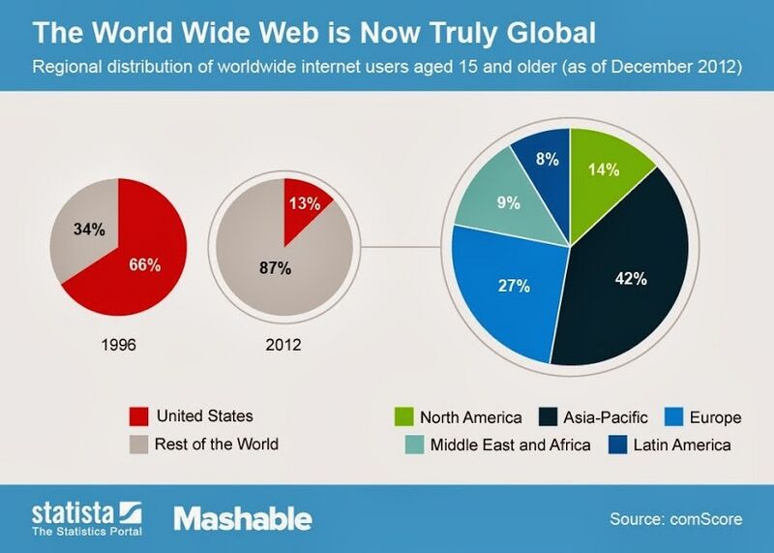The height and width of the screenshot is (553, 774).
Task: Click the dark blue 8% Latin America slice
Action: pos(547,160)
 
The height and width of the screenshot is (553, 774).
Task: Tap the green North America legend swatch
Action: pos(403,418)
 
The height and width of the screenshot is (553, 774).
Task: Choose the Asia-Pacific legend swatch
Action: pos(549,418)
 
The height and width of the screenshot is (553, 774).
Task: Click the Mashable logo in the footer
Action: pos(242,518)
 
